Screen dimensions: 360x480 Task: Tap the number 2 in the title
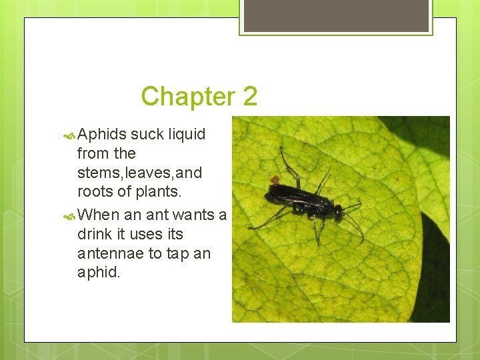tap(249, 97)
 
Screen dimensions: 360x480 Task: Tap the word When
tap(98, 215)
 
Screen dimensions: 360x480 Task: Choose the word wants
tap(193, 215)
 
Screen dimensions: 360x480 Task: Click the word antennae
tap(110, 254)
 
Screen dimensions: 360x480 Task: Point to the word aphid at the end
tap(98, 273)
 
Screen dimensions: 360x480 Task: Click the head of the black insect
tap(338, 212)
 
